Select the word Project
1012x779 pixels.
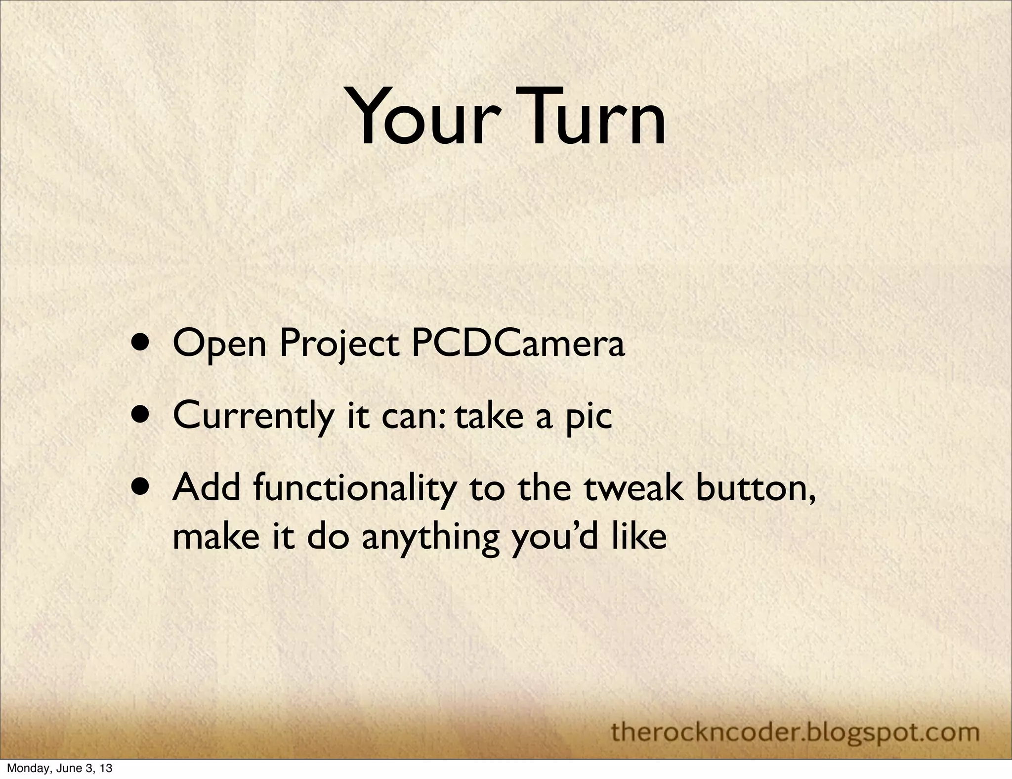(x=339, y=345)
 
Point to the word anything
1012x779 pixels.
(x=429, y=538)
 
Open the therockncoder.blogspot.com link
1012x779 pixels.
(x=795, y=732)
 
